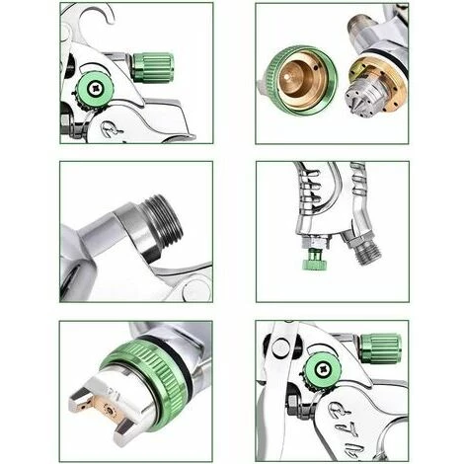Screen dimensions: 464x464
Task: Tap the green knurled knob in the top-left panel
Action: (x=152, y=67)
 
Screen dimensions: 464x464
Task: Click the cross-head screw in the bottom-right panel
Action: (x=323, y=372)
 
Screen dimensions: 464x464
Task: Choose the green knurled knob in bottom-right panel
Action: (x=380, y=348)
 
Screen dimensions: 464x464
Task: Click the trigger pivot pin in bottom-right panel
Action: (x=280, y=347)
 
